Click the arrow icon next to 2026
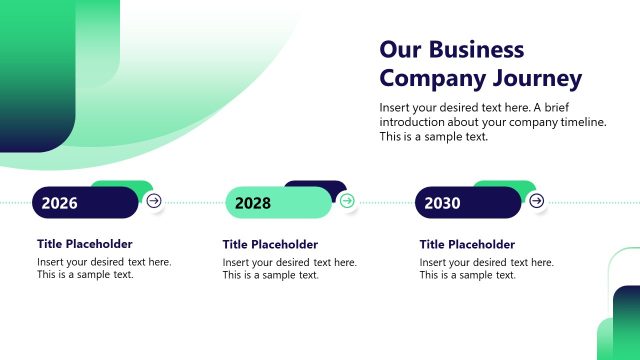(153, 201)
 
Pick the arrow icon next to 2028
(347, 201)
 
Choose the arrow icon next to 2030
(536, 201)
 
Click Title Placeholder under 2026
(85, 244)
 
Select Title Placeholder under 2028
(270, 245)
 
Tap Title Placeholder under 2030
(467, 245)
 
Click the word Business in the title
(476, 50)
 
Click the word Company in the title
(427, 78)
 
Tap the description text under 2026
(104, 269)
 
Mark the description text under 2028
(289, 269)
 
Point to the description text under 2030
(486, 269)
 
